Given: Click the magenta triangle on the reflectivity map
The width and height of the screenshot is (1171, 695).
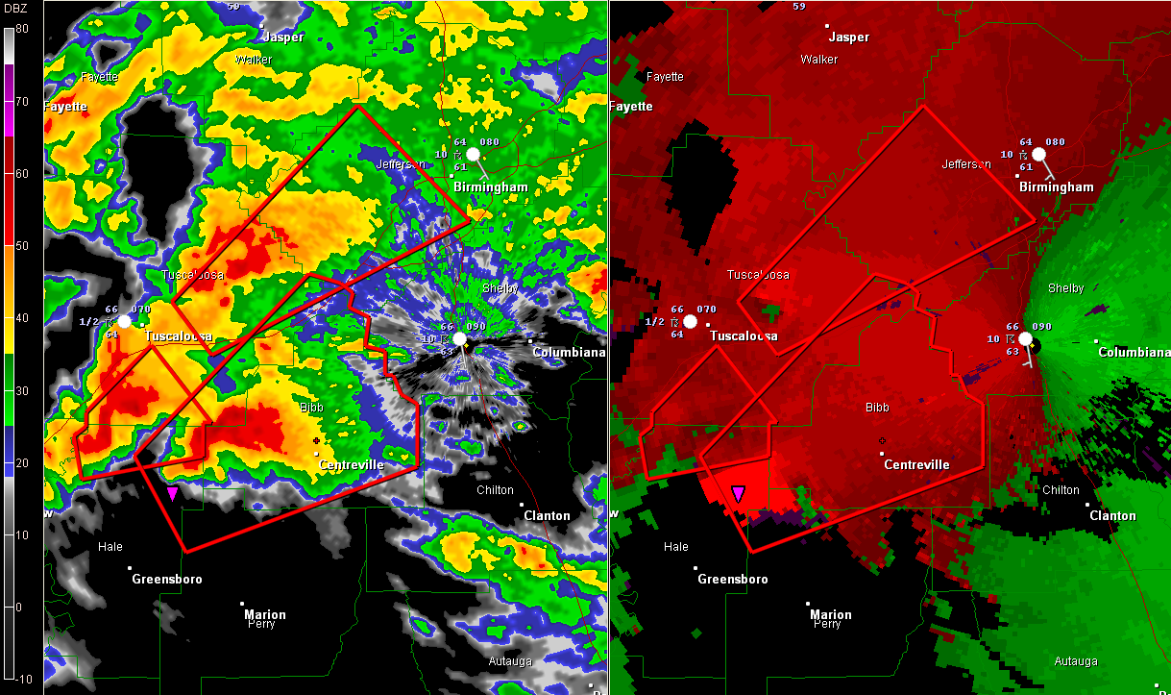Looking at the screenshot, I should pyautogui.click(x=172, y=493).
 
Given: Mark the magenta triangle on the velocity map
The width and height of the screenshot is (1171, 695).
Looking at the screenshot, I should pyautogui.click(x=738, y=493).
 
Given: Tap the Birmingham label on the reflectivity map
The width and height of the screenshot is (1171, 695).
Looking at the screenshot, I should pyautogui.click(x=491, y=186).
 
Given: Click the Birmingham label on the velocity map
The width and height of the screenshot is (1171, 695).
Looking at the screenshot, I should pyautogui.click(x=1057, y=186).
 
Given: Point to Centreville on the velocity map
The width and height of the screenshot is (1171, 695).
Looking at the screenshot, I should pyautogui.click(x=916, y=464).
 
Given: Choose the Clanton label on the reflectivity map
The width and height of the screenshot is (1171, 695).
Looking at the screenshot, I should pyautogui.click(x=547, y=515).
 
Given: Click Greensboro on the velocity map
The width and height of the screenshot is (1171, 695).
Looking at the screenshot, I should pyautogui.click(x=732, y=579).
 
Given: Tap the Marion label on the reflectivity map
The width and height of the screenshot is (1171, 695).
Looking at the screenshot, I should pyautogui.click(x=265, y=614).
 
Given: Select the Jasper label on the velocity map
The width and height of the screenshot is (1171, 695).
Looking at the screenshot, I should pyautogui.click(x=848, y=37).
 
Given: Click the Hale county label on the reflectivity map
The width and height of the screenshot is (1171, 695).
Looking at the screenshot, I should pyautogui.click(x=110, y=547).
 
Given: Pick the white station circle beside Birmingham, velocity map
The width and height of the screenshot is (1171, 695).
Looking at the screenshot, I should pyautogui.click(x=1038, y=154).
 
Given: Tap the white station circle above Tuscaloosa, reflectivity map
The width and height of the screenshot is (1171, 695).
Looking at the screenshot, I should pyautogui.click(x=124, y=321).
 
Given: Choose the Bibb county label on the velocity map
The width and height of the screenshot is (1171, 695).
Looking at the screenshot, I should pyautogui.click(x=877, y=408).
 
